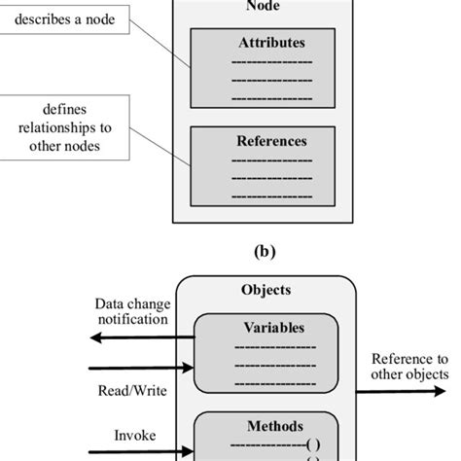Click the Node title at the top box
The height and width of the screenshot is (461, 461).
pos(272,6)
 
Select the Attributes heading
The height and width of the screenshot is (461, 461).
pos(272,44)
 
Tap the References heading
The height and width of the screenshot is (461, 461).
pos(272,141)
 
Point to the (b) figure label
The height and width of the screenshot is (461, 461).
pos(264,250)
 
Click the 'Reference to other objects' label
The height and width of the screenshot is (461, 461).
pos(409,367)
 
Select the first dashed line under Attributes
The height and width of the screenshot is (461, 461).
pos(272,61)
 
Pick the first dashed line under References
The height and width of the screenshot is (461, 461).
pos(272,159)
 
